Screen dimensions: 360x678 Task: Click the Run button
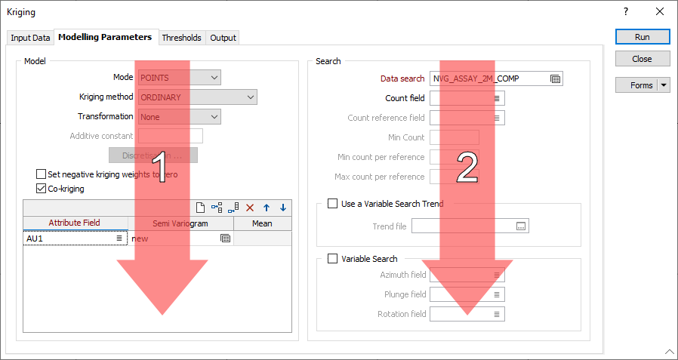click(642, 36)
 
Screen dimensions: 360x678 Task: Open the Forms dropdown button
click(664, 85)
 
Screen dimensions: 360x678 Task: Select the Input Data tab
click(30, 38)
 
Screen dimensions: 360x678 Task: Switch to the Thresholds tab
click(181, 38)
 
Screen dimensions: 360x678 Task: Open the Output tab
click(223, 38)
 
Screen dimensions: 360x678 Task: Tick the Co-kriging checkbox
click(42, 189)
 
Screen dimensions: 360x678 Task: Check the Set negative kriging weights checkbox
click(42, 174)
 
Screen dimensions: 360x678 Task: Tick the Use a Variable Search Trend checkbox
click(332, 204)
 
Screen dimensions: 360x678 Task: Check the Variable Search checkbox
click(332, 259)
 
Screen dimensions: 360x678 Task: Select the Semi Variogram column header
click(180, 223)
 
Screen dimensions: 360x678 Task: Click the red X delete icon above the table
click(250, 208)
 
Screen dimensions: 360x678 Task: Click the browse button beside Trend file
click(521, 226)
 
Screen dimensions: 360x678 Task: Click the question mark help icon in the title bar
click(625, 12)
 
